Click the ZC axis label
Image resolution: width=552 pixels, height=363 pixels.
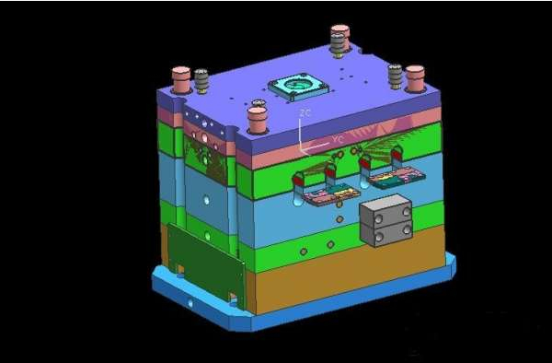pyautogui.click(x=305, y=113)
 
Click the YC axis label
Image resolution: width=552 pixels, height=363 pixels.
pyautogui.click(x=338, y=139)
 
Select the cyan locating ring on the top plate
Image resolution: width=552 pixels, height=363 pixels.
pyautogui.click(x=298, y=87)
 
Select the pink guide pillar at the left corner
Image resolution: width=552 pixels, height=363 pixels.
pyautogui.click(x=181, y=80)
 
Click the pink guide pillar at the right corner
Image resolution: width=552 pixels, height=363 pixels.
pyautogui.click(x=415, y=78)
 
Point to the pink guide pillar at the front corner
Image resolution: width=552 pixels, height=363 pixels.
pyautogui.click(x=258, y=120)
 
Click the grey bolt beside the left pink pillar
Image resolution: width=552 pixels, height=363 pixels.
pyautogui.click(x=201, y=81)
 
